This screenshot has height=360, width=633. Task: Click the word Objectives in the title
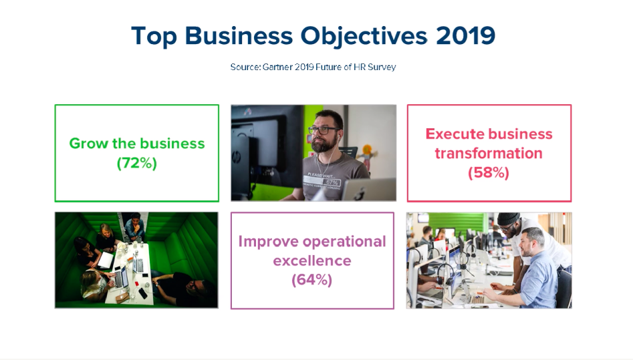pyautogui.click(x=364, y=36)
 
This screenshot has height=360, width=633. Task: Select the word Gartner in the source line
pyautogui.click(x=277, y=67)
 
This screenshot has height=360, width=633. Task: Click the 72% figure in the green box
pyautogui.click(x=137, y=163)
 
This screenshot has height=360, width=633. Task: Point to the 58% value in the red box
pyautogui.click(x=489, y=173)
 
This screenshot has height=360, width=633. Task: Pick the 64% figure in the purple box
pyautogui.click(x=312, y=280)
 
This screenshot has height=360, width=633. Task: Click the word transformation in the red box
pyautogui.click(x=489, y=154)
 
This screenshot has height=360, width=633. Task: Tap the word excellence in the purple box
pyautogui.click(x=312, y=260)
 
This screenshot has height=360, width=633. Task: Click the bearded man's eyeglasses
pyautogui.click(x=324, y=130)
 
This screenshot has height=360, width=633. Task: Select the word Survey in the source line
pyautogui.click(x=382, y=67)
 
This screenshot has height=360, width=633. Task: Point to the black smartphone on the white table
pyautogui.click(x=143, y=293)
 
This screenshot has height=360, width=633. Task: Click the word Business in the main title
pyautogui.click(x=239, y=35)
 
